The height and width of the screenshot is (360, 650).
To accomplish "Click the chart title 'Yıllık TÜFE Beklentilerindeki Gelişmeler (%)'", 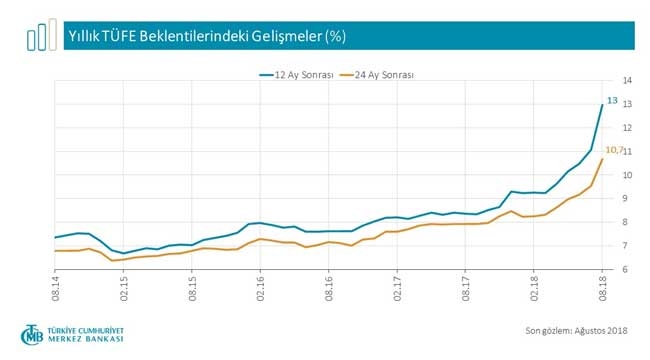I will (205, 36).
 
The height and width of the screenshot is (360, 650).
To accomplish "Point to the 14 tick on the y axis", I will (627, 80).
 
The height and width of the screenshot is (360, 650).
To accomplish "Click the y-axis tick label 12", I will (627, 128).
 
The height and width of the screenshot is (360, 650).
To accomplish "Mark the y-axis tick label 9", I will (627, 199).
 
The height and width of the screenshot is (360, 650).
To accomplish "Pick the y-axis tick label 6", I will (627, 270).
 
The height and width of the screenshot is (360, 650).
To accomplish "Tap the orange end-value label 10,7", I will (614, 150).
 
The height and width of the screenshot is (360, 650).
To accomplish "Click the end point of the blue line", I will (601, 105).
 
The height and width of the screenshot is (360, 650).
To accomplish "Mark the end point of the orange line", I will (601, 159).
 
